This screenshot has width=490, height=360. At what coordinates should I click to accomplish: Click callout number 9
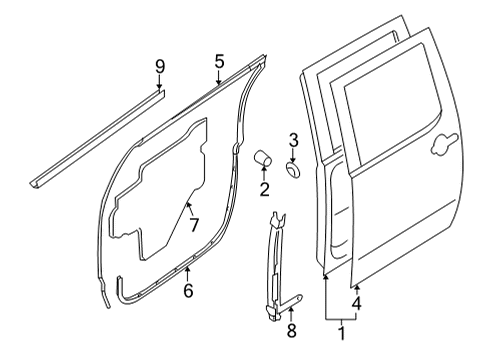159,67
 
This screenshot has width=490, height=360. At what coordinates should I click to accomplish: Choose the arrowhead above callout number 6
187,270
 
